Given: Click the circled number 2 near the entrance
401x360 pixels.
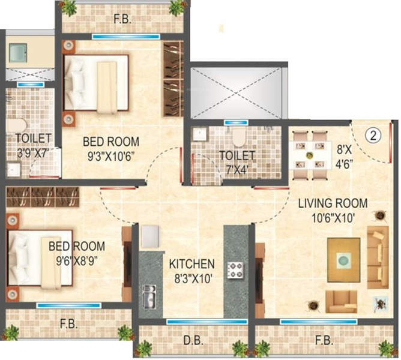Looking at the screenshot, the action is point(373,135).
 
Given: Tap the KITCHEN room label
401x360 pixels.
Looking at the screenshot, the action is point(192,264).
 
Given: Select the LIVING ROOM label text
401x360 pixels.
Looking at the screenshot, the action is point(333,203).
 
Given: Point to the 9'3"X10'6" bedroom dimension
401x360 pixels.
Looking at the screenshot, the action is point(111,156).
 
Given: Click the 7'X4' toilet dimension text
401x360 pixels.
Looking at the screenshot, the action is point(237,170).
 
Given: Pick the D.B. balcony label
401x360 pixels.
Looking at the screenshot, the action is point(193,341).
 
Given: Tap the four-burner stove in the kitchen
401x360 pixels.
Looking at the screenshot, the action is point(235,270).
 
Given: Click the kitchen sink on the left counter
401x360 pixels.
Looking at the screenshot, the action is point(149,296).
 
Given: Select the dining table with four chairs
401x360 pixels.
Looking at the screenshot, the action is point(310,155).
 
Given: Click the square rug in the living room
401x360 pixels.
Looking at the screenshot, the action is point(344,260).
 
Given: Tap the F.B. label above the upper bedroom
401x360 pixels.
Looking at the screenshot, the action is point(122,19).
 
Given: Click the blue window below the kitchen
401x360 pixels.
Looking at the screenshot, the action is point(207,322).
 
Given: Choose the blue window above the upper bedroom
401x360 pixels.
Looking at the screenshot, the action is point(126,37).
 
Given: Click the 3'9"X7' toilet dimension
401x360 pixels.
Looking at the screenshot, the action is point(32,154).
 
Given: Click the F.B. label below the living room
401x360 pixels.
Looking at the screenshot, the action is point(324,341).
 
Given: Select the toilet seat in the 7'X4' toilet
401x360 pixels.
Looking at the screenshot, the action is point(238,137).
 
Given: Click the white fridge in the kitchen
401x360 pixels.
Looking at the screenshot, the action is point(150,236).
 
